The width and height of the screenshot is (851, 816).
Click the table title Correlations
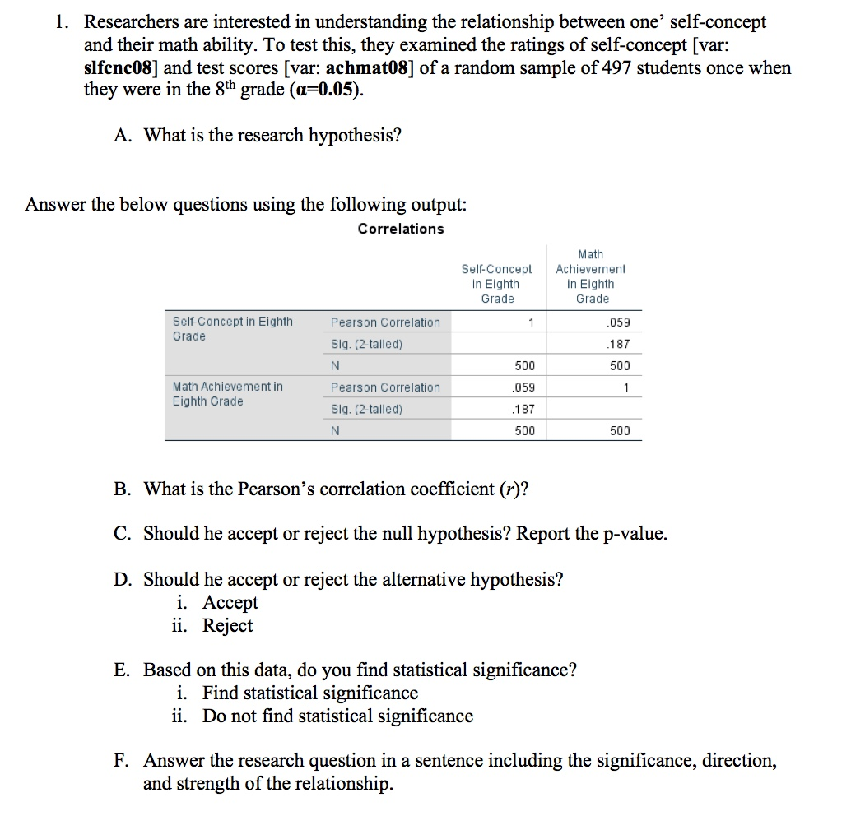point(401,229)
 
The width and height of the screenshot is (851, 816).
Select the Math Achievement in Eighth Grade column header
point(591,276)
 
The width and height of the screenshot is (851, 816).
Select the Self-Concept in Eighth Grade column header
point(497,284)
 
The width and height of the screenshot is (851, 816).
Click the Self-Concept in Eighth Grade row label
point(232,329)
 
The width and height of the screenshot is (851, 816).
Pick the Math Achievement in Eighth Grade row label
point(227,394)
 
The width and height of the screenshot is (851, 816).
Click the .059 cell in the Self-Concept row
point(620,322)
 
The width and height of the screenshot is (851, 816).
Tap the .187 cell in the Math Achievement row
point(524,409)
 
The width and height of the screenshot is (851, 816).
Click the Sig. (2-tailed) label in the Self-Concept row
point(366,345)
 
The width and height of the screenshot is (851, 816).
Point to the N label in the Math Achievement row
point(336,430)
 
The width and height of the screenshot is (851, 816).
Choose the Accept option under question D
point(230,603)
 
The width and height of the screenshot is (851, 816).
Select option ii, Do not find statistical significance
point(337,716)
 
